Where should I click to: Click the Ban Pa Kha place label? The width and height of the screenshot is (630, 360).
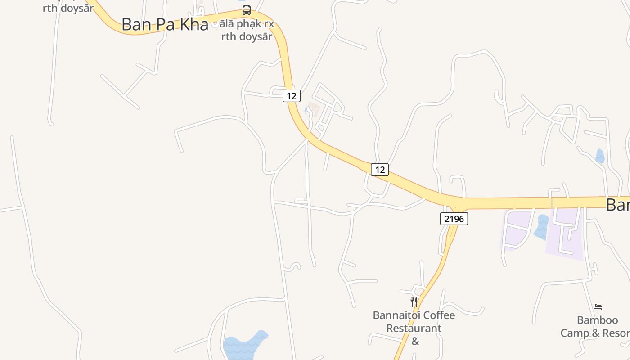coord(165,24)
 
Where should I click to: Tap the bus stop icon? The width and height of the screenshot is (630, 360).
coord(247,10)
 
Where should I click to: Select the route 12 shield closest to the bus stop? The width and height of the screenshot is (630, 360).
coord(292,96)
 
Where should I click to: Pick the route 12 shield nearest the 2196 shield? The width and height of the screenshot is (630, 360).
coord(380,170)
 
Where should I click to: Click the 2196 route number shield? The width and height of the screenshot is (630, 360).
coord(454,219)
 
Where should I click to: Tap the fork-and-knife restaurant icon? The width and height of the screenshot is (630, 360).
coord(414,302)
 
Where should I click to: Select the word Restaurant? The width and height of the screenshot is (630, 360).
coord(414,328)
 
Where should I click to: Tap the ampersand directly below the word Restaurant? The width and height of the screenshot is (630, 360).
coord(415,341)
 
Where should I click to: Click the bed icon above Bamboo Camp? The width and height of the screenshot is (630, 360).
coord(598,307)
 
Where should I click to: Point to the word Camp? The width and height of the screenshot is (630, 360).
coord(574,333)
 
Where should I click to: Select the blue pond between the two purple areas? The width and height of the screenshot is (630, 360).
coord(541,227)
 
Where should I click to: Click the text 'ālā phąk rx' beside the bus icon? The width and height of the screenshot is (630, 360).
coord(247,24)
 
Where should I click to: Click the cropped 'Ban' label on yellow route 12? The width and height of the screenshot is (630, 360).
coord(618,205)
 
